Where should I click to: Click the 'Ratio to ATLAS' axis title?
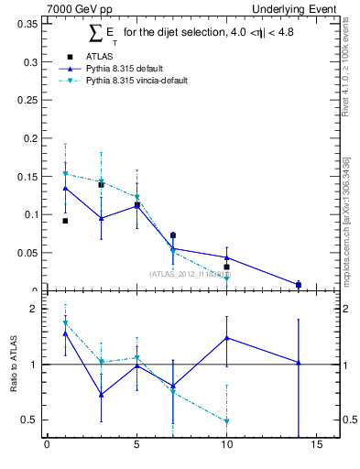[13, 365]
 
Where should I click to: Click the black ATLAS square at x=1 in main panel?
[65, 221]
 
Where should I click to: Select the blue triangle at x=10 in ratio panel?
[226, 338]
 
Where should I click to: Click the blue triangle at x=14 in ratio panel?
[299, 363]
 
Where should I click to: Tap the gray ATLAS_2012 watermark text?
[190, 275]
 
